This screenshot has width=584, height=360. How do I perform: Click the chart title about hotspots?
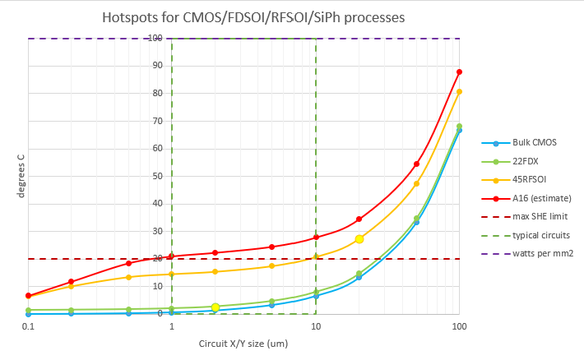pos(253,16)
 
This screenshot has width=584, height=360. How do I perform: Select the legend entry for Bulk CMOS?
pos(534,141)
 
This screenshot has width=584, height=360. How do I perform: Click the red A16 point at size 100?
pos(459,72)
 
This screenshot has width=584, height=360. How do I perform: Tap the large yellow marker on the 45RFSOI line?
pos(359,238)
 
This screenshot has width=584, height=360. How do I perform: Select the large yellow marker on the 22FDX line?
pos(216,307)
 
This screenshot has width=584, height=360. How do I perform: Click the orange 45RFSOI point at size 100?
pos(459,91)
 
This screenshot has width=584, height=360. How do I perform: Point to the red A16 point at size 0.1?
pos(29,295)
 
